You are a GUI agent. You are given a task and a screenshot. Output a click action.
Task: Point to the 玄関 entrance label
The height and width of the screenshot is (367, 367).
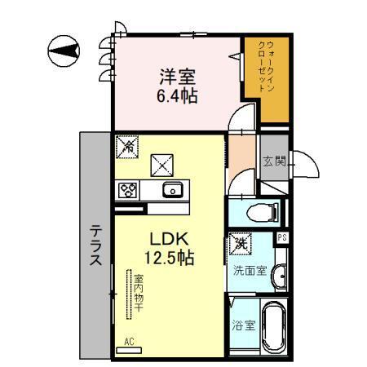pos(273,161)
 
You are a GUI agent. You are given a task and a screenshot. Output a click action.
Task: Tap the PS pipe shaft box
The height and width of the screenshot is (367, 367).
pos(283,237)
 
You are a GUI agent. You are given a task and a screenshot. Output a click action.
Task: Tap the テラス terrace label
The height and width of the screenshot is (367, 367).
pos(95,246)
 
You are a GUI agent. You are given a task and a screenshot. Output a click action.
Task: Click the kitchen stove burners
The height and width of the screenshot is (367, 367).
pos(129,190)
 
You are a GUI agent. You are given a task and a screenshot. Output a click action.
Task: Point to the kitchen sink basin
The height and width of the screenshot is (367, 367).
pos(172,190)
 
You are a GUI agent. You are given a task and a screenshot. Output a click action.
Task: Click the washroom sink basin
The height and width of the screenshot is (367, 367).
pos(281,275)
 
